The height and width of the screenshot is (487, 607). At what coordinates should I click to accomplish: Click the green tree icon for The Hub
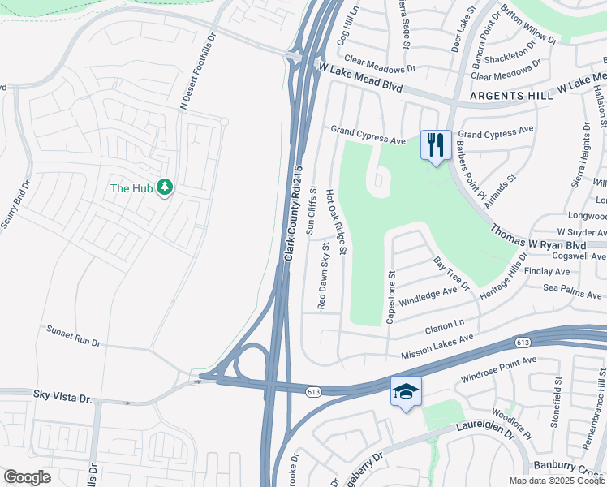tap(165, 187)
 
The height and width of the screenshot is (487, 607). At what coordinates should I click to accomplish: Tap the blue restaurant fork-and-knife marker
tap(436, 146)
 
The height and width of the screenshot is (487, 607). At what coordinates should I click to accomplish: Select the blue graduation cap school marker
tap(407, 392)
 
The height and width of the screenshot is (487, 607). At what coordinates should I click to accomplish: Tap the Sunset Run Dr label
tap(73, 337)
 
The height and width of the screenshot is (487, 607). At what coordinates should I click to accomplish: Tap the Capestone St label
tap(390, 296)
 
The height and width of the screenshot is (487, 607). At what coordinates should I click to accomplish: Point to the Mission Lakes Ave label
tap(437, 347)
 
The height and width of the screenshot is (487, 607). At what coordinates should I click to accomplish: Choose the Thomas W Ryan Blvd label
tap(538, 235)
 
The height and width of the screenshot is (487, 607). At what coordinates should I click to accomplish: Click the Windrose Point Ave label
tap(498, 369)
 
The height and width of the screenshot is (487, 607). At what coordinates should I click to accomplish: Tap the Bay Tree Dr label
tap(451, 273)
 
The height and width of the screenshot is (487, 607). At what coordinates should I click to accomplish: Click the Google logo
tap(27, 477)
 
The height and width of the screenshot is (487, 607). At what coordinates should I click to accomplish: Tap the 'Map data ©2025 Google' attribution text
tap(556, 481)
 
